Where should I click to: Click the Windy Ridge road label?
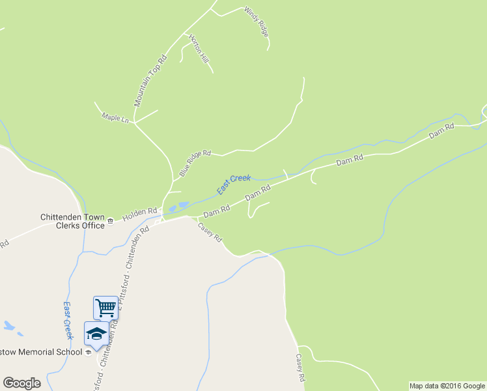click(256, 22)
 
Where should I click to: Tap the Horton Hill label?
click(199, 49)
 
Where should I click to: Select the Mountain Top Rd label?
click(150, 81)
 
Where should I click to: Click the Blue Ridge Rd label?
click(195, 164)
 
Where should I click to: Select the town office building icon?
click(110, 222)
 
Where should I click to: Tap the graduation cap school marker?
click(96, 334)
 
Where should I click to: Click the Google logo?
click(21, 383)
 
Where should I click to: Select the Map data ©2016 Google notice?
click(447, 386)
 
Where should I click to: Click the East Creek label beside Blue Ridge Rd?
click(234, 183)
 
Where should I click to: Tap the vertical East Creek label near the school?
click(67, 320)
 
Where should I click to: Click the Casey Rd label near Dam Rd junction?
click(210, 231)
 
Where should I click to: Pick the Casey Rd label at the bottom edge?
click(300, 368)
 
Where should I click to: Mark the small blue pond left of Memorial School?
click(9, 325)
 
